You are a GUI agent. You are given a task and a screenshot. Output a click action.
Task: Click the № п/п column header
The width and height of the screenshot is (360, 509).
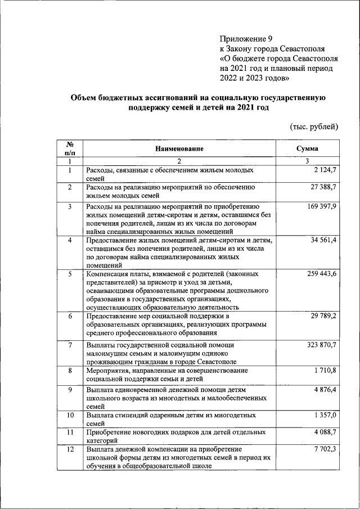pos(70,148)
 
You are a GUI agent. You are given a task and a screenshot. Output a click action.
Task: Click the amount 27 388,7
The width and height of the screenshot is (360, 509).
pos(321,187)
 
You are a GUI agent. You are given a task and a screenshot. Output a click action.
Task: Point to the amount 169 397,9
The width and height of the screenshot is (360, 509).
pos(319,207)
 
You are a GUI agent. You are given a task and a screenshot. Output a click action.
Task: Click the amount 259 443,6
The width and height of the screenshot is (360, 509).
pos(319,274)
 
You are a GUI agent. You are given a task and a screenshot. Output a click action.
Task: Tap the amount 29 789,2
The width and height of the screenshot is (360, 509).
pos(321,316)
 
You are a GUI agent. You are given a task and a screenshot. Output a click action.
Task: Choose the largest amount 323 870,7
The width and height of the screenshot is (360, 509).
pos(319,344)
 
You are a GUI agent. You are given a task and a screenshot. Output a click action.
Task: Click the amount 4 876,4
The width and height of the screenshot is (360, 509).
pos(323,389)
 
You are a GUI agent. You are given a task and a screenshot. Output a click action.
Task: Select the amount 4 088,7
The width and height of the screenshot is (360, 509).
pos(323,432)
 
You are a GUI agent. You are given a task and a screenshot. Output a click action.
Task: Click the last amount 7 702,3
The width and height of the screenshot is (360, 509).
pos(323,449)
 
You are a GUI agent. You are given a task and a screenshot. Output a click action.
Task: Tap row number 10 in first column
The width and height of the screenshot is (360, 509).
pos(70,415)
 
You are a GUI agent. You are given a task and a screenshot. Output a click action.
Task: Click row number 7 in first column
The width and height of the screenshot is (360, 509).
pos(70,344)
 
